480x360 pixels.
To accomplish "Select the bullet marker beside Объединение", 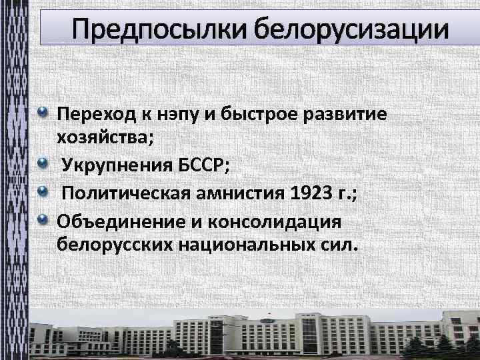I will pyautogui.click(x=43, y=219).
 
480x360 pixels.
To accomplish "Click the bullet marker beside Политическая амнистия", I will pyautogui.click(x=43, y=192).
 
